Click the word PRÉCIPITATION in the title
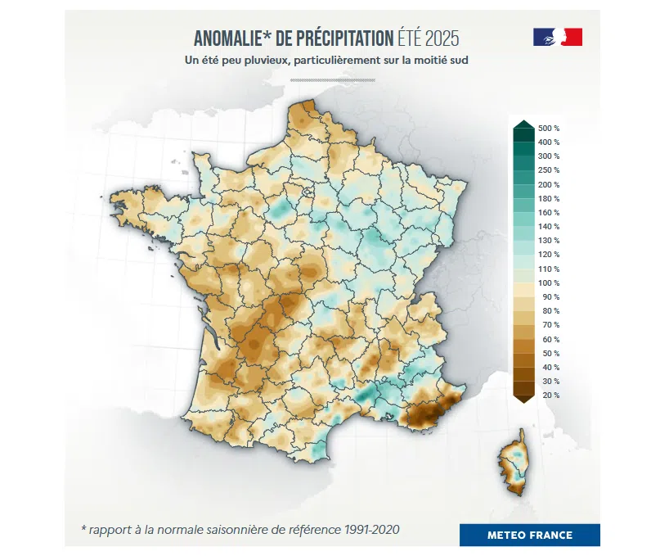346,38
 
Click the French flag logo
557,37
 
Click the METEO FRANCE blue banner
529,536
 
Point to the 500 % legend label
549,129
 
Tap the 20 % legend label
549,395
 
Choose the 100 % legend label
549,283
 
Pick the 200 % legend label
549,184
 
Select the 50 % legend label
549,353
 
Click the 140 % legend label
549,227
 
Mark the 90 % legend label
549,296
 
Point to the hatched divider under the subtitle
332,80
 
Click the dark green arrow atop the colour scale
523,125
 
